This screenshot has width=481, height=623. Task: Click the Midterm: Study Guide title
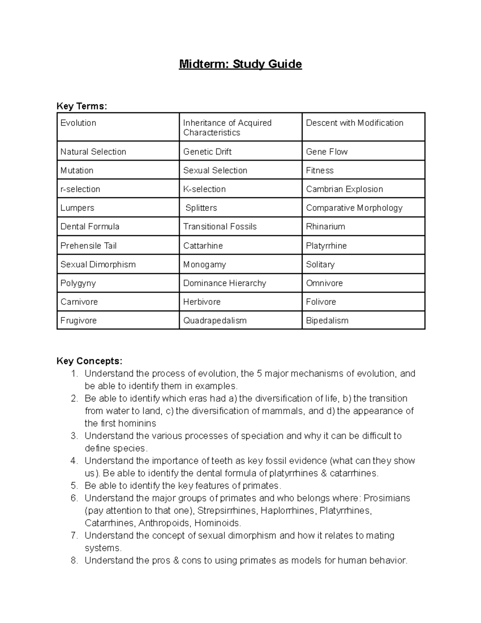point(240,64)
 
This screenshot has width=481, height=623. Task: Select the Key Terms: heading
point(82,106)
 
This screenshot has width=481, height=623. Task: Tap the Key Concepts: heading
point(89,361)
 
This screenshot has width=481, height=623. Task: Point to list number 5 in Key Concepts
point(74,486)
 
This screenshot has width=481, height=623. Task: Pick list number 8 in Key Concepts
point(74,560)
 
